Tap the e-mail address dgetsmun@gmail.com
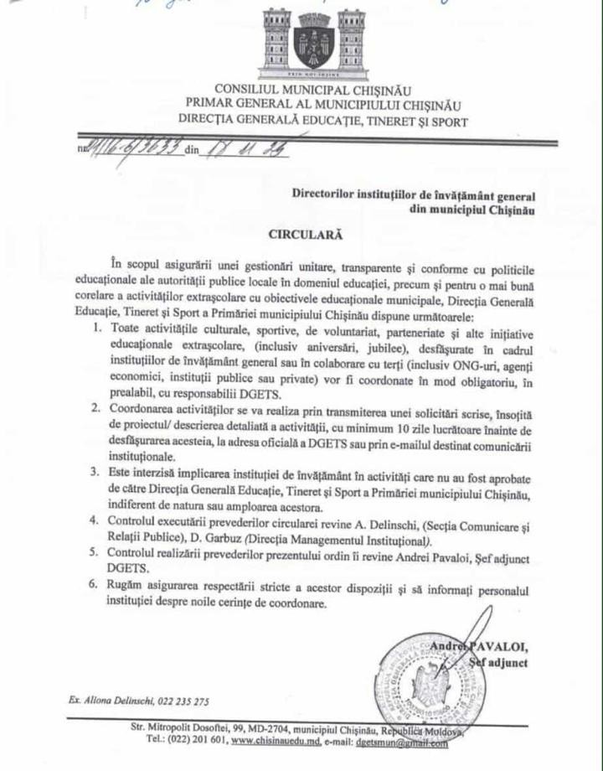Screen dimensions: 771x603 tap(400, 742)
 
